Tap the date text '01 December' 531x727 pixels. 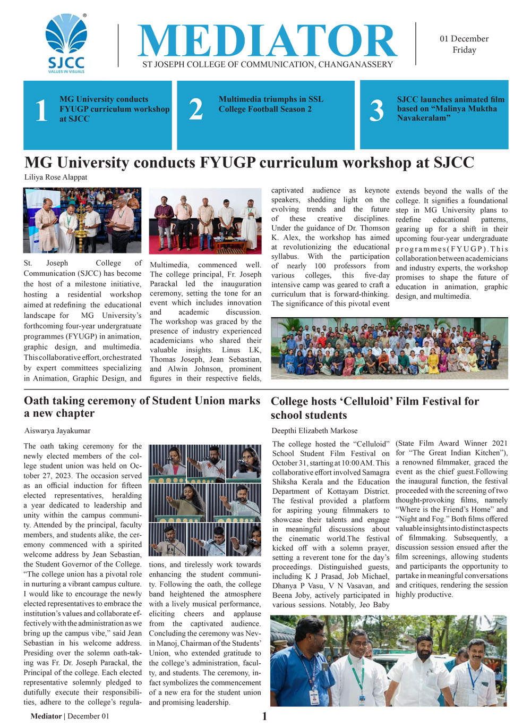(464, 39)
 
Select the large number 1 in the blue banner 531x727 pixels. (41, 111)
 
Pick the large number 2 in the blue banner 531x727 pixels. (196, 109)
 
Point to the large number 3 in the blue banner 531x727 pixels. (376, 111)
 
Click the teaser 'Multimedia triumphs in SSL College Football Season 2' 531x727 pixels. (271, 104)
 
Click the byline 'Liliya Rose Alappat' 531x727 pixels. (56, 177)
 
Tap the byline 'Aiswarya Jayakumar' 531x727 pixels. (57, 430)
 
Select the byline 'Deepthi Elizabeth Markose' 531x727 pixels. (314, 430)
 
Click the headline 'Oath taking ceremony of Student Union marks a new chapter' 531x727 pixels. (142, 407)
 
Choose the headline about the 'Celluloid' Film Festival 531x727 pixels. (375, 408)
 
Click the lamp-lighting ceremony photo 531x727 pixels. (82, 220)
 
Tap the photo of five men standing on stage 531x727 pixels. (205, 221)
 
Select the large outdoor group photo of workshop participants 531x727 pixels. (389, 348)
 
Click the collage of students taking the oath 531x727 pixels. (205, 500)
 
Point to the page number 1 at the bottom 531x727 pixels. (264, 716)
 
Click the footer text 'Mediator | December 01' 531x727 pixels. (70, 716)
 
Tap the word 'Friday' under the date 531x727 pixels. (464, 50)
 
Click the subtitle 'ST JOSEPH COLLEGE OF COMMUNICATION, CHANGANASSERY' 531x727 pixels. (268, 64)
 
